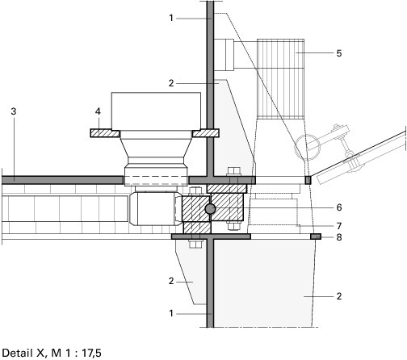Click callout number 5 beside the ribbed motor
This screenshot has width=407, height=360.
339,53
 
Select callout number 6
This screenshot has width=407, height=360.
339,207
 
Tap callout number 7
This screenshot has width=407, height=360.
339,226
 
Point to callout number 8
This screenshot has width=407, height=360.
339,237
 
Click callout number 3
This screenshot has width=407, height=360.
14,111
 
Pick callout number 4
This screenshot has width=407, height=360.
98,111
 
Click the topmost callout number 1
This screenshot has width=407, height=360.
171,18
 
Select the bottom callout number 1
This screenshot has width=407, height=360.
171,313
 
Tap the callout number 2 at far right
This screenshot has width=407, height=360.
339,296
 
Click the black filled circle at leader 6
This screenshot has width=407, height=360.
210,209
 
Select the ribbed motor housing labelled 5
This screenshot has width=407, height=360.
280,79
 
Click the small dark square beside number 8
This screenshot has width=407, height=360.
316,237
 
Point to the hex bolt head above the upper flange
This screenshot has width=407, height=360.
233,171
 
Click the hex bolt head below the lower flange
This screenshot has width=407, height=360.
195,244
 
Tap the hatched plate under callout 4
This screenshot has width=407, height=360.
105,133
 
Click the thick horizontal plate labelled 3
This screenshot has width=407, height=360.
62,180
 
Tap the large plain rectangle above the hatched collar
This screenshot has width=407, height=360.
156,111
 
